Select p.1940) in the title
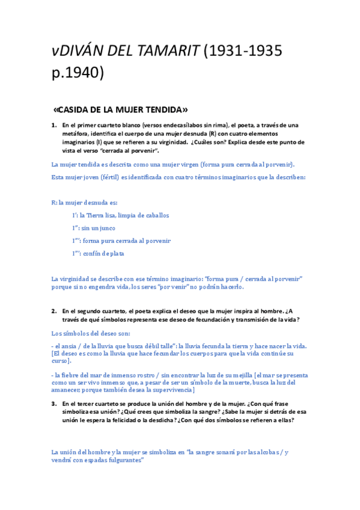(78, 73)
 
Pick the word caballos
(154, 215)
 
